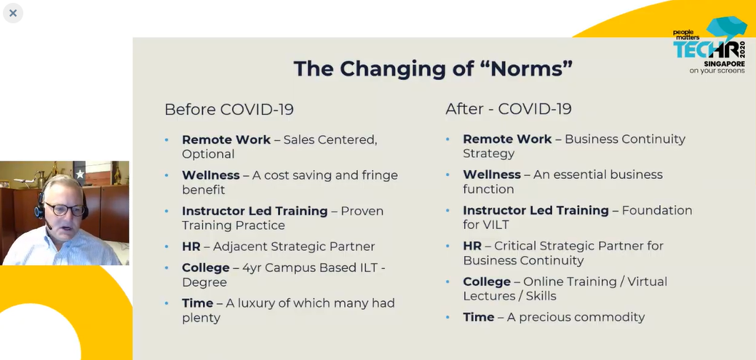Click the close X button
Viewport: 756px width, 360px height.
(x=13, y=13)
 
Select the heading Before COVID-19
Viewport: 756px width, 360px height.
(x=229, y=109)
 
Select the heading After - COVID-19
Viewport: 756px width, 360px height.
(x=509, y=108)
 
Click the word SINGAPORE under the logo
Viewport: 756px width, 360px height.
(x=724, y=63)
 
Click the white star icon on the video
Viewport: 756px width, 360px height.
(x=80, y=174)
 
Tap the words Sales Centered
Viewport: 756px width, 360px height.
(x=330, y=140)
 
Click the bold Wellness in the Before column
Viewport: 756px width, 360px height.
(x=211, y=175)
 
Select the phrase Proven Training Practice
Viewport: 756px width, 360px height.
(x=282, y=218)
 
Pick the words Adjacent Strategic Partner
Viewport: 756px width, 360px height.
(x=294, y=247)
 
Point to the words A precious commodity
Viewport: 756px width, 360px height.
(x=576, y=317)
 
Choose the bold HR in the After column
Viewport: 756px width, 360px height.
(x=472, y=246)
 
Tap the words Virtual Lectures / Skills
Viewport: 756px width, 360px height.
(x=565, y=289)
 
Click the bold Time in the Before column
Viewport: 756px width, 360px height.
(x=197, y=303)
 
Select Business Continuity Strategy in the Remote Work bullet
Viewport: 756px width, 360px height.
(x=574, y=146)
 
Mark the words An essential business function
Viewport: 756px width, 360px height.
(x=562, y=182)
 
